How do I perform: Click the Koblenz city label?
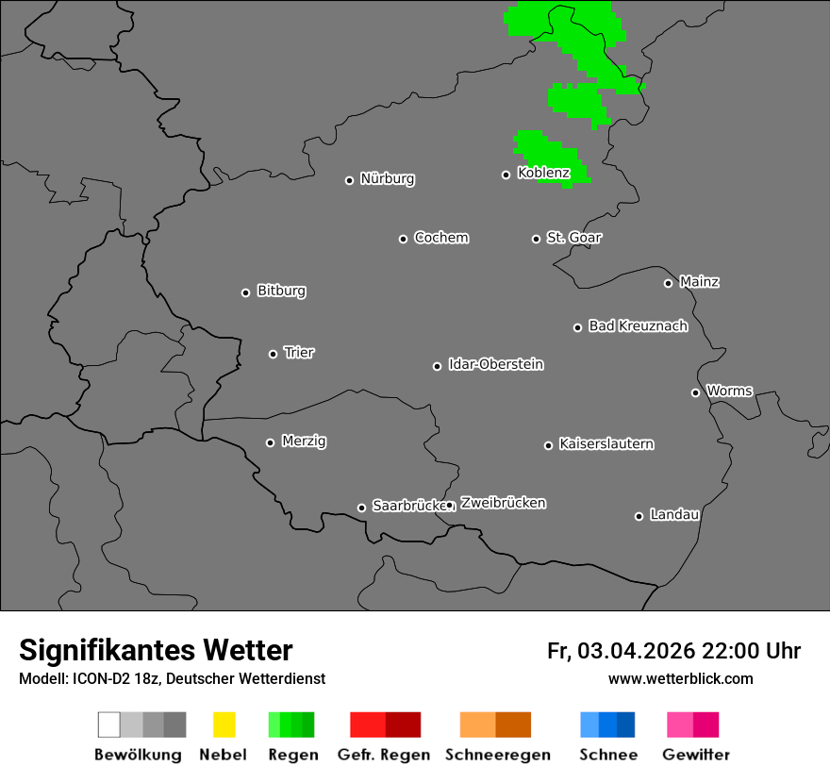coord(543,173)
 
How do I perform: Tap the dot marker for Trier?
coord(274,354)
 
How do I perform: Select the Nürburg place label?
coord(387,178)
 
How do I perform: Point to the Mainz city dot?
coord(669,283)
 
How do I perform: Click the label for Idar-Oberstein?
coord(496,364)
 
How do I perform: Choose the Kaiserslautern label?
coord(606,443)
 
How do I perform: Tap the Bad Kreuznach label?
coord(638,325)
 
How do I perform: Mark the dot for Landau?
coord(639,516)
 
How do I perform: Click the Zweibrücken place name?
coord(503,503)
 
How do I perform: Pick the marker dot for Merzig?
coord(271,442)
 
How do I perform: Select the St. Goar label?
coord(573,237)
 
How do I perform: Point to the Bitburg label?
coord(281,291)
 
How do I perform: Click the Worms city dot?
coord(696,392)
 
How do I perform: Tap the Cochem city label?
coord(441,237)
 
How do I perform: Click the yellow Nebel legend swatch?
coord(224,725)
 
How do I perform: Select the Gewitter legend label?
coord(696,755)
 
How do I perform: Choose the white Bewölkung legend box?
coord(108,725)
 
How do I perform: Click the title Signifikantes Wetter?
coord(156,650)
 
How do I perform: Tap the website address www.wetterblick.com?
coord(681,678)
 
